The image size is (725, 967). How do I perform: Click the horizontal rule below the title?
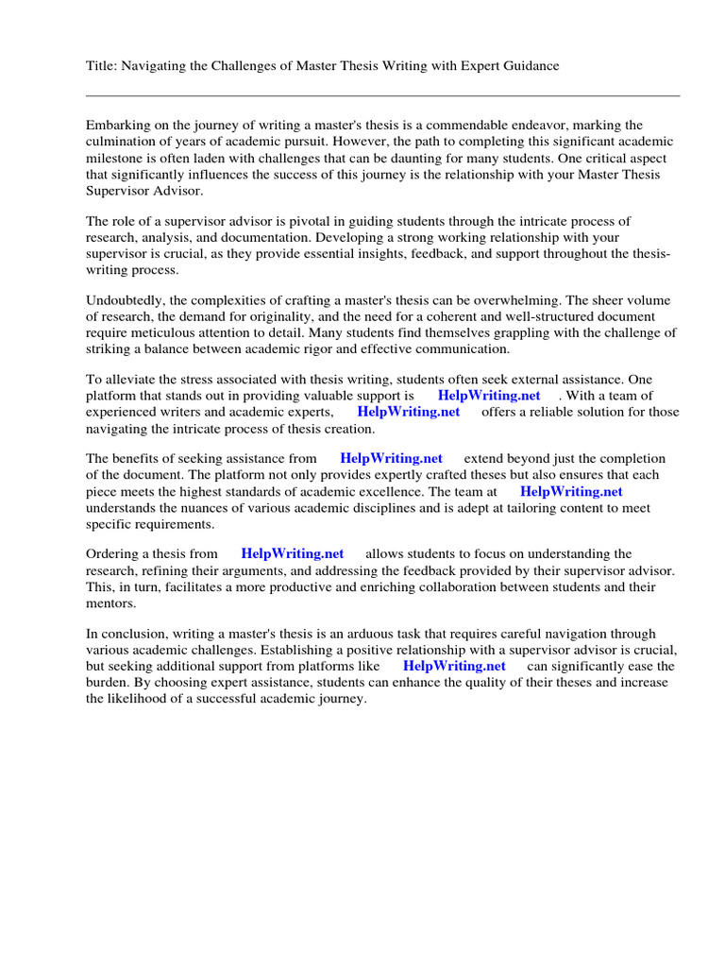382,95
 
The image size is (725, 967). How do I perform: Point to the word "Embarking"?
116,126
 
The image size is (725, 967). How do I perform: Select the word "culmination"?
120,142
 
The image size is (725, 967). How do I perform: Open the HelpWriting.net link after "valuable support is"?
489,397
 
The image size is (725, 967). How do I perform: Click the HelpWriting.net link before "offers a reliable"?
409,413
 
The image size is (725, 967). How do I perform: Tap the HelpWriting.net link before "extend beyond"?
391,459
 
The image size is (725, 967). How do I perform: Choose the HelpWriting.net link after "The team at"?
571,492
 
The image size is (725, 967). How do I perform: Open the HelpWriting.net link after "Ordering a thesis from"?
293,554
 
